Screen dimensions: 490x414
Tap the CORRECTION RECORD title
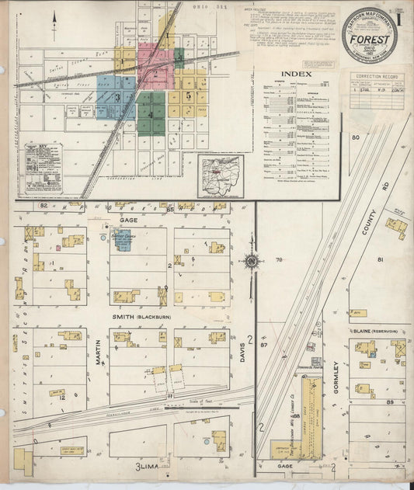[377, 77]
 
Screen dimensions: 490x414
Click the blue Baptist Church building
[123, 240]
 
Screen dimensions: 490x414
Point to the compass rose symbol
[252, 262]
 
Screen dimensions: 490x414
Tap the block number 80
[356, 137]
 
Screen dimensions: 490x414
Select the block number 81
[380, 259]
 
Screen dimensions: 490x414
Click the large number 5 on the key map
[189, 94]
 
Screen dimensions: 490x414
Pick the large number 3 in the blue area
[117, 98]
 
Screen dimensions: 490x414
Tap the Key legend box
[43, 166]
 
